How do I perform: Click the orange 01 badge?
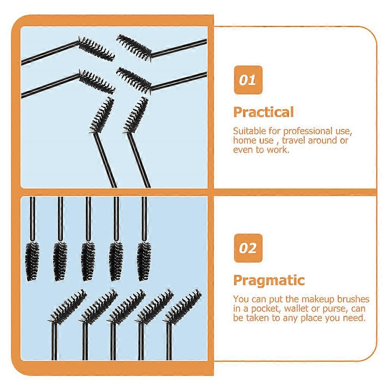tap(248, 80)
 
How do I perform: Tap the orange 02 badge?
tap(248, 248)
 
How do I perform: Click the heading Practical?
tap(264, 112)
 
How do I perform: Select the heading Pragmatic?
tap(269, 281)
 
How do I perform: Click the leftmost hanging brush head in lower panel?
tap(32, 261)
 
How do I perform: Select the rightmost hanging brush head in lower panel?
tap(144, 261)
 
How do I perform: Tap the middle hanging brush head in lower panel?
tap(88, 261)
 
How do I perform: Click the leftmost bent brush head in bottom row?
tap(68, 306)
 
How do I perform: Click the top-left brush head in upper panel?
tap(97, 49)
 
